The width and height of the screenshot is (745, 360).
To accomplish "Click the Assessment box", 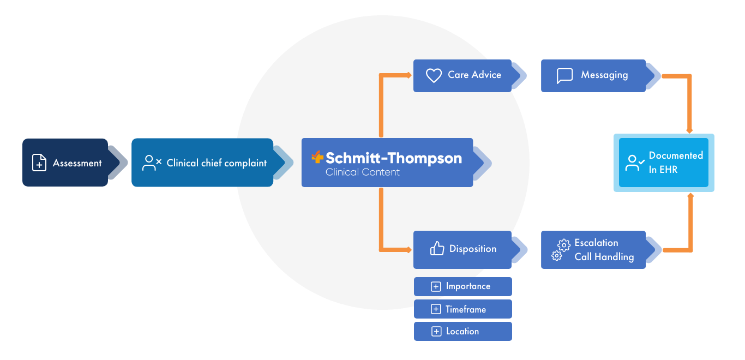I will [x=65, y=163].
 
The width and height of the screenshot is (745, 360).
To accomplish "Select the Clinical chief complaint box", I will [x=202, y=163].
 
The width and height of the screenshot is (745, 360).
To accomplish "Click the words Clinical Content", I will [x=362, y=172].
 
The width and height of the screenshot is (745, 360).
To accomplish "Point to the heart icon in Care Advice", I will [x=434, y=75].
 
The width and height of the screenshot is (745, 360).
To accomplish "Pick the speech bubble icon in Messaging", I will [x=564, y=75].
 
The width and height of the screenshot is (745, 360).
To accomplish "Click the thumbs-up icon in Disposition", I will [x=437, y=249].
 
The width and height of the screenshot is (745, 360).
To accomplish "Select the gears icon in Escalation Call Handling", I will [x=561, y=250].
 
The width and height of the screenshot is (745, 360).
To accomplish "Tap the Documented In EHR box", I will [x=664, y=163].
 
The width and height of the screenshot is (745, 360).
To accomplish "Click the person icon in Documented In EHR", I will [x=635, y=163].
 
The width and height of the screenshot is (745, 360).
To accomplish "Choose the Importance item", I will [x=462, y=286].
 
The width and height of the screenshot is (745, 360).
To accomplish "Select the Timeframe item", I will [x=462, y=309].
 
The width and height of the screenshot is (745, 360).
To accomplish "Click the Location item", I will [x=462, y=331].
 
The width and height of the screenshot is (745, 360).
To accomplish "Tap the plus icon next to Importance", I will [x=436, y=286].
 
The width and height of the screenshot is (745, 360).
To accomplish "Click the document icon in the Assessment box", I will [x=39, y=163].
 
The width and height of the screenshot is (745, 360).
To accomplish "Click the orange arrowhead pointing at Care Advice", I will [x=408, y=75].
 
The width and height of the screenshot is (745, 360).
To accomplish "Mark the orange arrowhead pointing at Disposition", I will [x=408, y=250].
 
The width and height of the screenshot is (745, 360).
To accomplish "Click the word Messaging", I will [x=604, y=75].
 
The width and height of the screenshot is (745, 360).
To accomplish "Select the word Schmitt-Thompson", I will [x=393, y=158].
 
